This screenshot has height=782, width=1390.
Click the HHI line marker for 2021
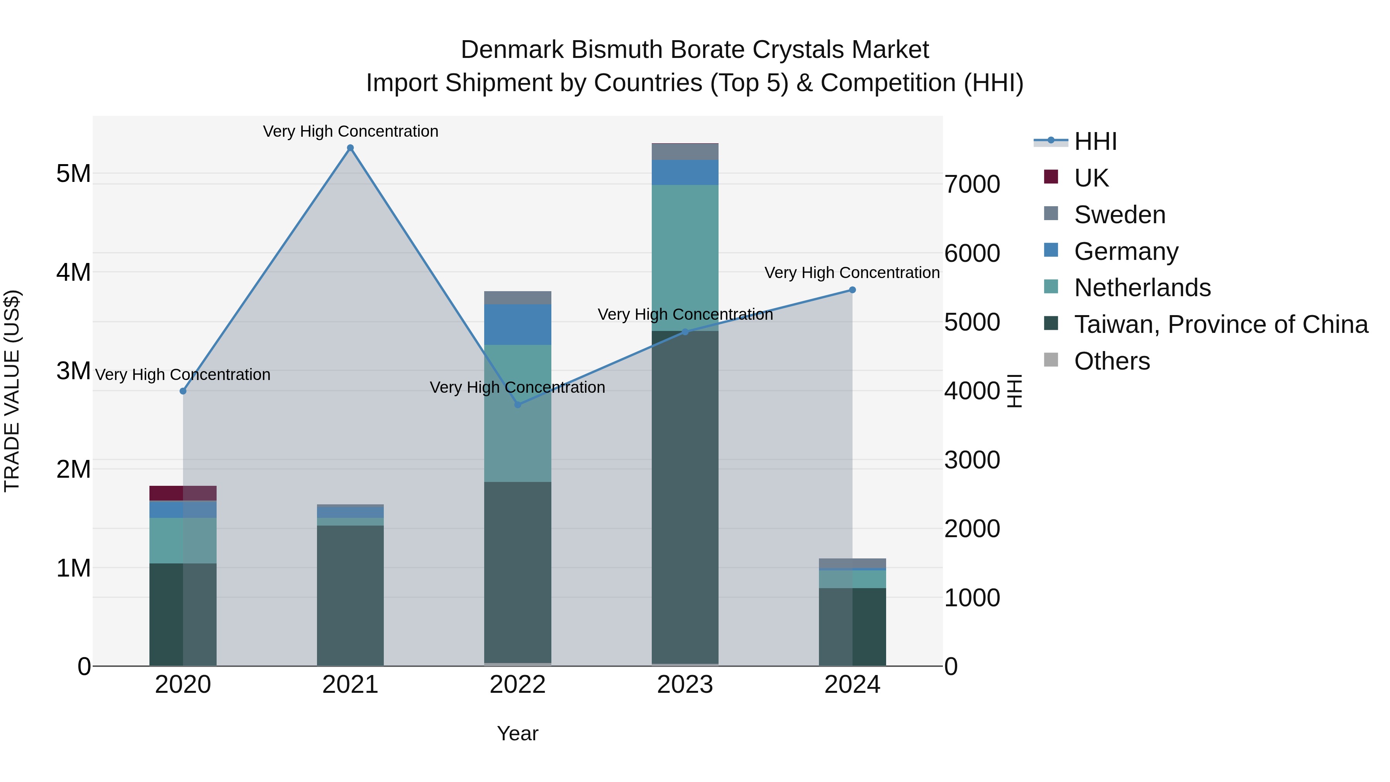[x=350, y=148]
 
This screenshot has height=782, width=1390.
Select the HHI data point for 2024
[x=853, y=290]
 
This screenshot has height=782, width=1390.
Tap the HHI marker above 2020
[x=183, y=391]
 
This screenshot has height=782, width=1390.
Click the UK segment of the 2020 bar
[x=183, y=493]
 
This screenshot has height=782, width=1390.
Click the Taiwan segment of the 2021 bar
[x=350, y=595]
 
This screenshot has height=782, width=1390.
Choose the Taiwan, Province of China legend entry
[x=1220, y=324]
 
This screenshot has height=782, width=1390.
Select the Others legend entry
[x=1112, y=361]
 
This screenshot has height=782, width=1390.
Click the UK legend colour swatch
[x=1051, y=176]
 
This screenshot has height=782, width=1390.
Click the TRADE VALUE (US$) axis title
[x=12, y=391]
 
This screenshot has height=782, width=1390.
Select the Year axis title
[x=517, y=733]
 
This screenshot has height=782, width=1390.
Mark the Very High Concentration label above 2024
[x=852, y=273]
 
